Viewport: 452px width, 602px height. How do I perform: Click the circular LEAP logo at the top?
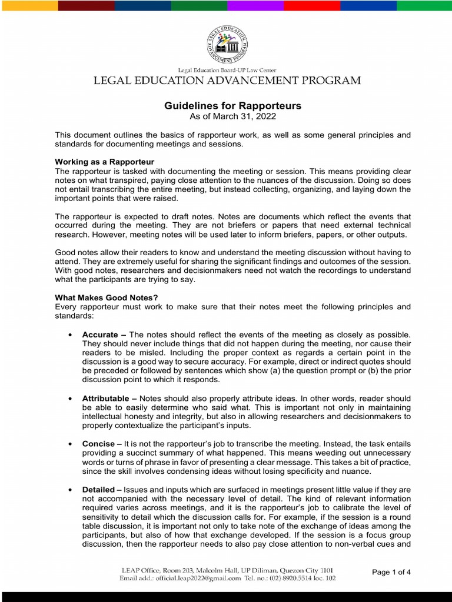227,45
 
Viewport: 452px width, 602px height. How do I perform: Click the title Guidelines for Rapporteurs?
232,106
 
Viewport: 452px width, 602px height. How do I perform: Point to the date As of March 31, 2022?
232,116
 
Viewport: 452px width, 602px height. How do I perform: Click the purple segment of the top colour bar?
255,5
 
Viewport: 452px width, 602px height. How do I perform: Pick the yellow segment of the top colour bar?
29,5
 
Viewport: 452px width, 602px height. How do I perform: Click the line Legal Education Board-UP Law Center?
227,70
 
